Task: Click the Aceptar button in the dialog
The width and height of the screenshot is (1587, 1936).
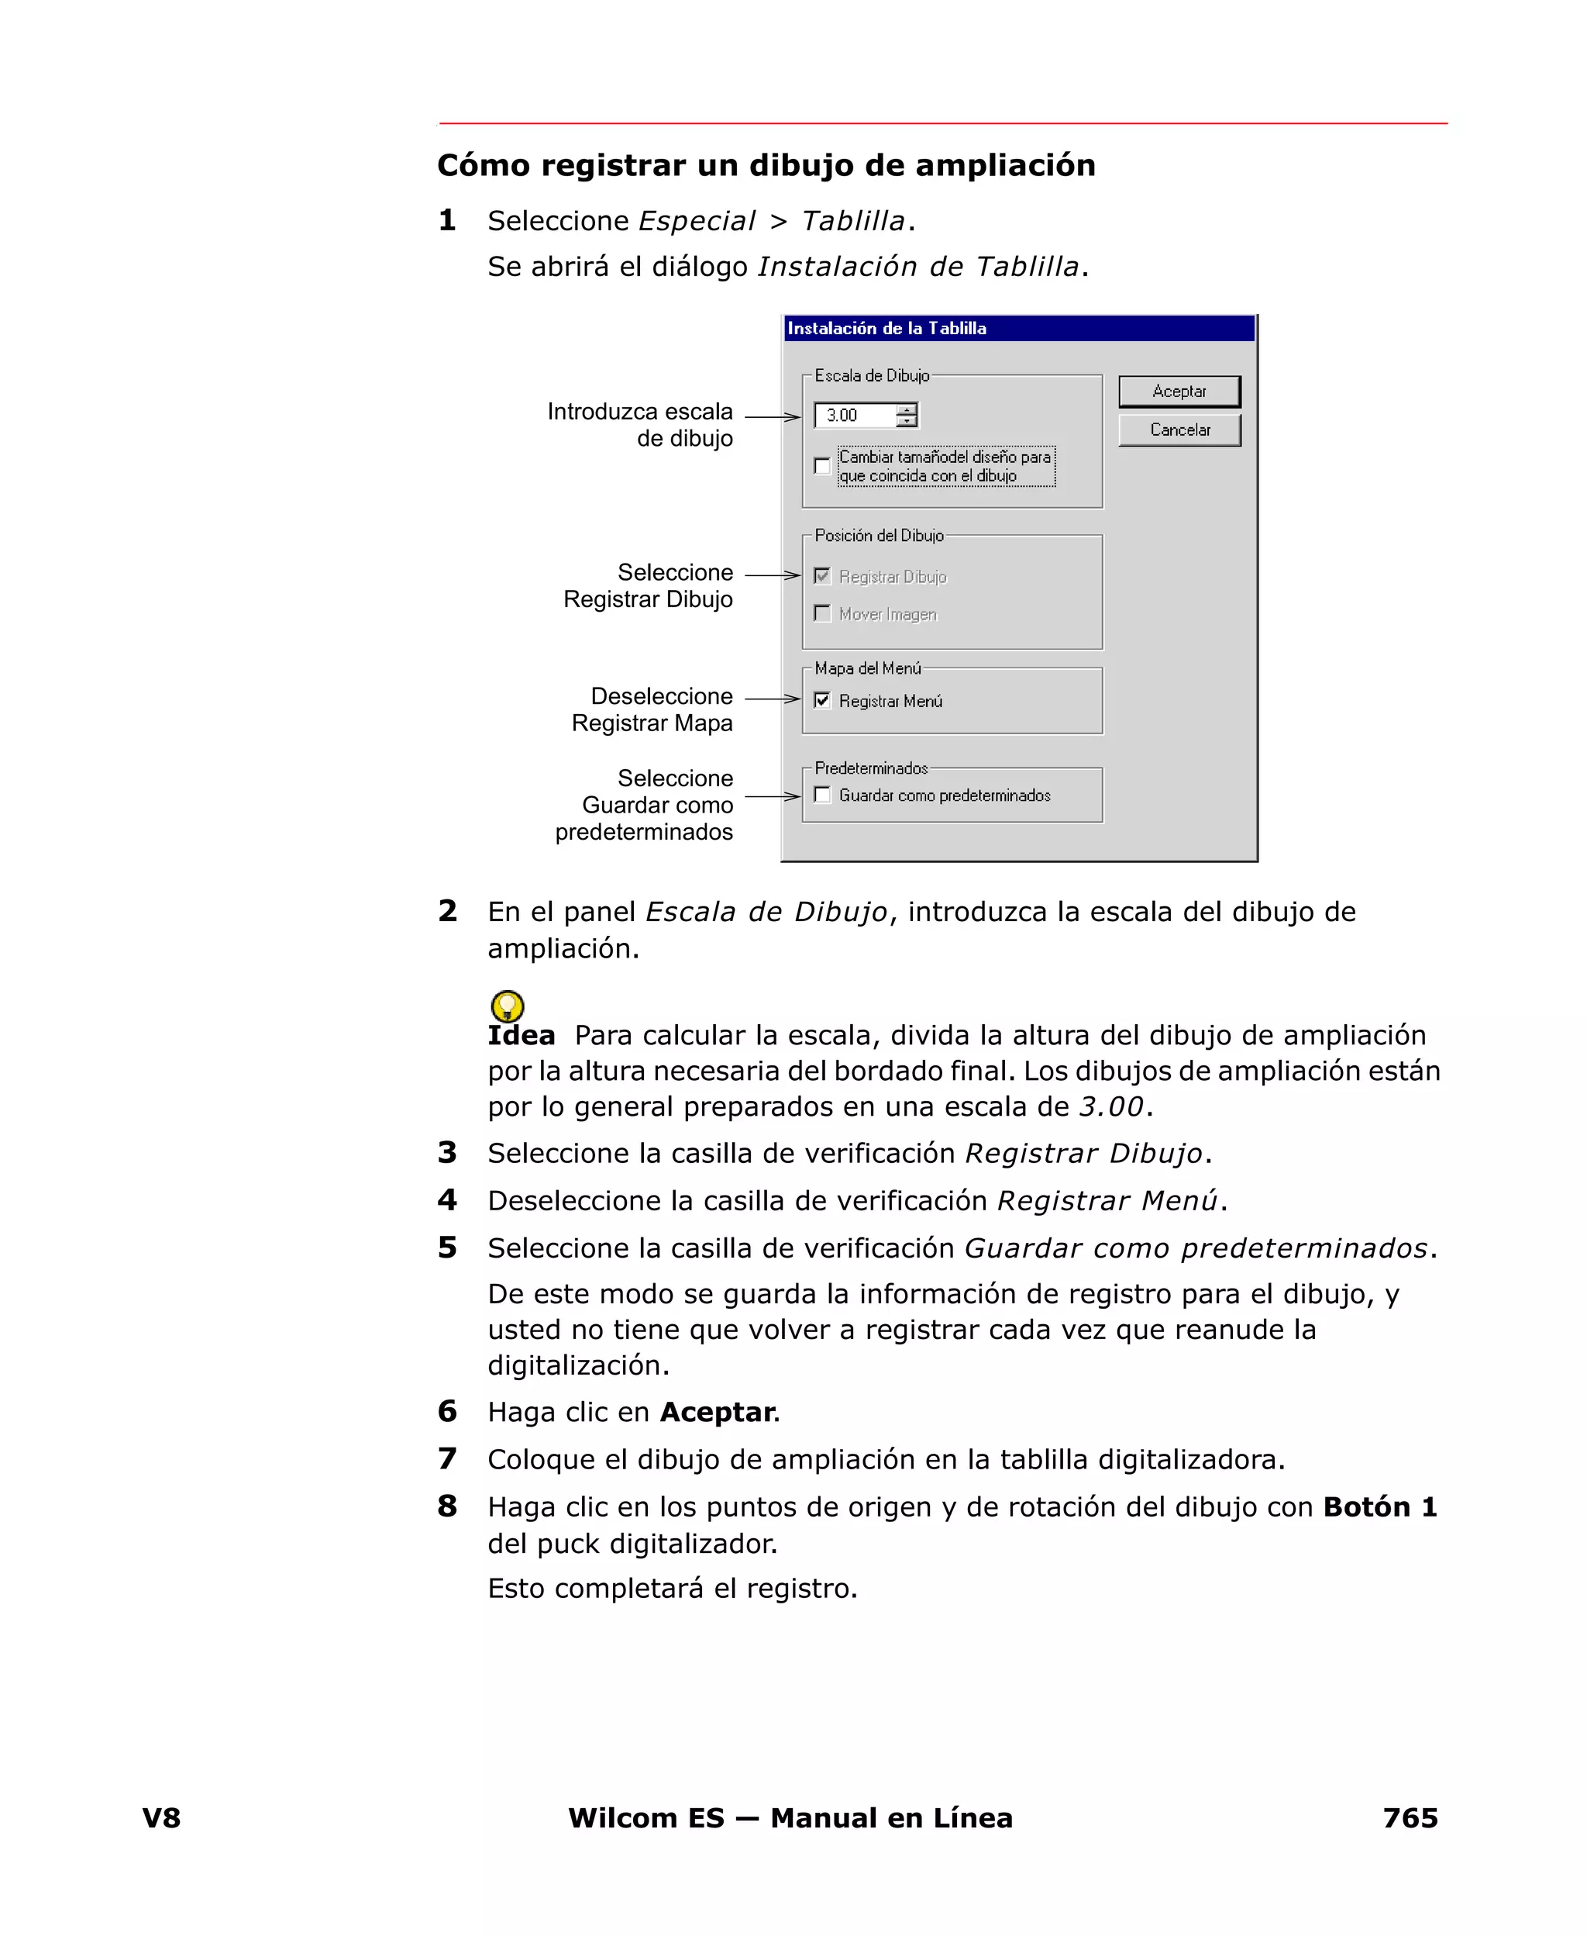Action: click(1179, 392)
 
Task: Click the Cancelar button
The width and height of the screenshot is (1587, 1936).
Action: click(1179, 430)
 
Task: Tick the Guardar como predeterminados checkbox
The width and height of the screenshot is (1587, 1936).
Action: click(822, 795)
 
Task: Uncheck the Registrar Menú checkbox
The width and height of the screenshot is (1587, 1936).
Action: click(822, 700)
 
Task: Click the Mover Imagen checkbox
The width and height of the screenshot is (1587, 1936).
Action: click(822, 613)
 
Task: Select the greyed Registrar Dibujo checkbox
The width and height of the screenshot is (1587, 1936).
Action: click(822, 576)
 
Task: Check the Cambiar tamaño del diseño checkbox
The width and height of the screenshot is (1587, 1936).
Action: click(822, 467)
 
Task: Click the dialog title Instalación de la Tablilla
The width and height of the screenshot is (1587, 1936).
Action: click(886, 328)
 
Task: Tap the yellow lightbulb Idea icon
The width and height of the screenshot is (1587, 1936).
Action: click(508, 1006)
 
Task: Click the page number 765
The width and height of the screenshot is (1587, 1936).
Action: click(1410, 1817)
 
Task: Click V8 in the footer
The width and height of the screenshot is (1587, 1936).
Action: click(162, 1817)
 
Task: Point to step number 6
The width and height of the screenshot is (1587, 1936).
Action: click(447, 1411)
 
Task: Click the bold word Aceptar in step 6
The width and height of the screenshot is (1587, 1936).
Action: click(718, 1412)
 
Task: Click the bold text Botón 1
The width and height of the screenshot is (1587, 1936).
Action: click(1379, 1506)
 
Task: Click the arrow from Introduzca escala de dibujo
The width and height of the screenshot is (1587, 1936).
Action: click(773, 417)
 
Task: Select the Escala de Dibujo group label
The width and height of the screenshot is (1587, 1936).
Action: click(871, 376)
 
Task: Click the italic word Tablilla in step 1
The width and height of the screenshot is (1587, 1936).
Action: click(853, 221)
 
